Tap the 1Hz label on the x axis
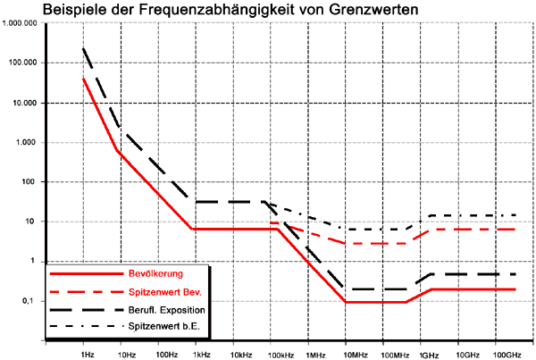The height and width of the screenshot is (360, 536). click(88, 355)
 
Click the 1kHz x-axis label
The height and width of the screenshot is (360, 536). click(201, 355)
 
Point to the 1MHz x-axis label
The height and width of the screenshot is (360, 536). click(314, 355)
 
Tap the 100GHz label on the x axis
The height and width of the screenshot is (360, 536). click(507, 355)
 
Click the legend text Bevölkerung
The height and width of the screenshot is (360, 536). click(151, 273)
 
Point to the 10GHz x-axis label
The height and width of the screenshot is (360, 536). click(469, 355)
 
